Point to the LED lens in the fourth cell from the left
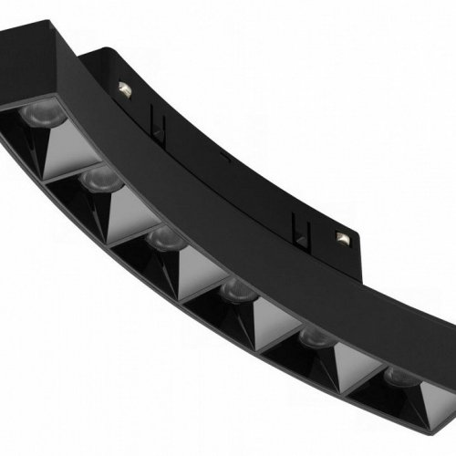pyautogui.click(x=235, y=291)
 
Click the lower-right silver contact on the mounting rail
pyautogui.click(x=344, y=239)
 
